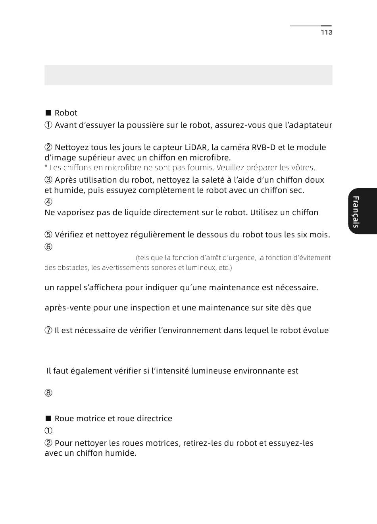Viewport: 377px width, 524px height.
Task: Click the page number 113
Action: point(326,33)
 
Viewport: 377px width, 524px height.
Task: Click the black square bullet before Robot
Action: point(48,113)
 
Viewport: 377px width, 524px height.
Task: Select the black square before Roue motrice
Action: point(48,418)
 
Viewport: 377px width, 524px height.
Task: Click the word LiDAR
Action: point(196,147)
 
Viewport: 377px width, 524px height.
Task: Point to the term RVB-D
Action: point(264,147)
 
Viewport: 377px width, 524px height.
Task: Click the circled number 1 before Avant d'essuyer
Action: point(48,125)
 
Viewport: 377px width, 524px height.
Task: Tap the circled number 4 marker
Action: point(48,202)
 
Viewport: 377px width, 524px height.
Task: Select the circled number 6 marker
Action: point(48,247)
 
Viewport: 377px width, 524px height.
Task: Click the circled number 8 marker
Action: point(48,393)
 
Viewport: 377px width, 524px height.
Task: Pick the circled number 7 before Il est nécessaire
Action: point(48,330)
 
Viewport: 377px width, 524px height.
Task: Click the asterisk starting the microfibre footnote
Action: point(46,167)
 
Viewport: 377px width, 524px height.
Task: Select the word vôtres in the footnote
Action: point(303,168)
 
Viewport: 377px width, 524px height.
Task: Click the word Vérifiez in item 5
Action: point(69,235)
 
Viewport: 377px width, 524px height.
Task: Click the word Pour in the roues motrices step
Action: point(63,443)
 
